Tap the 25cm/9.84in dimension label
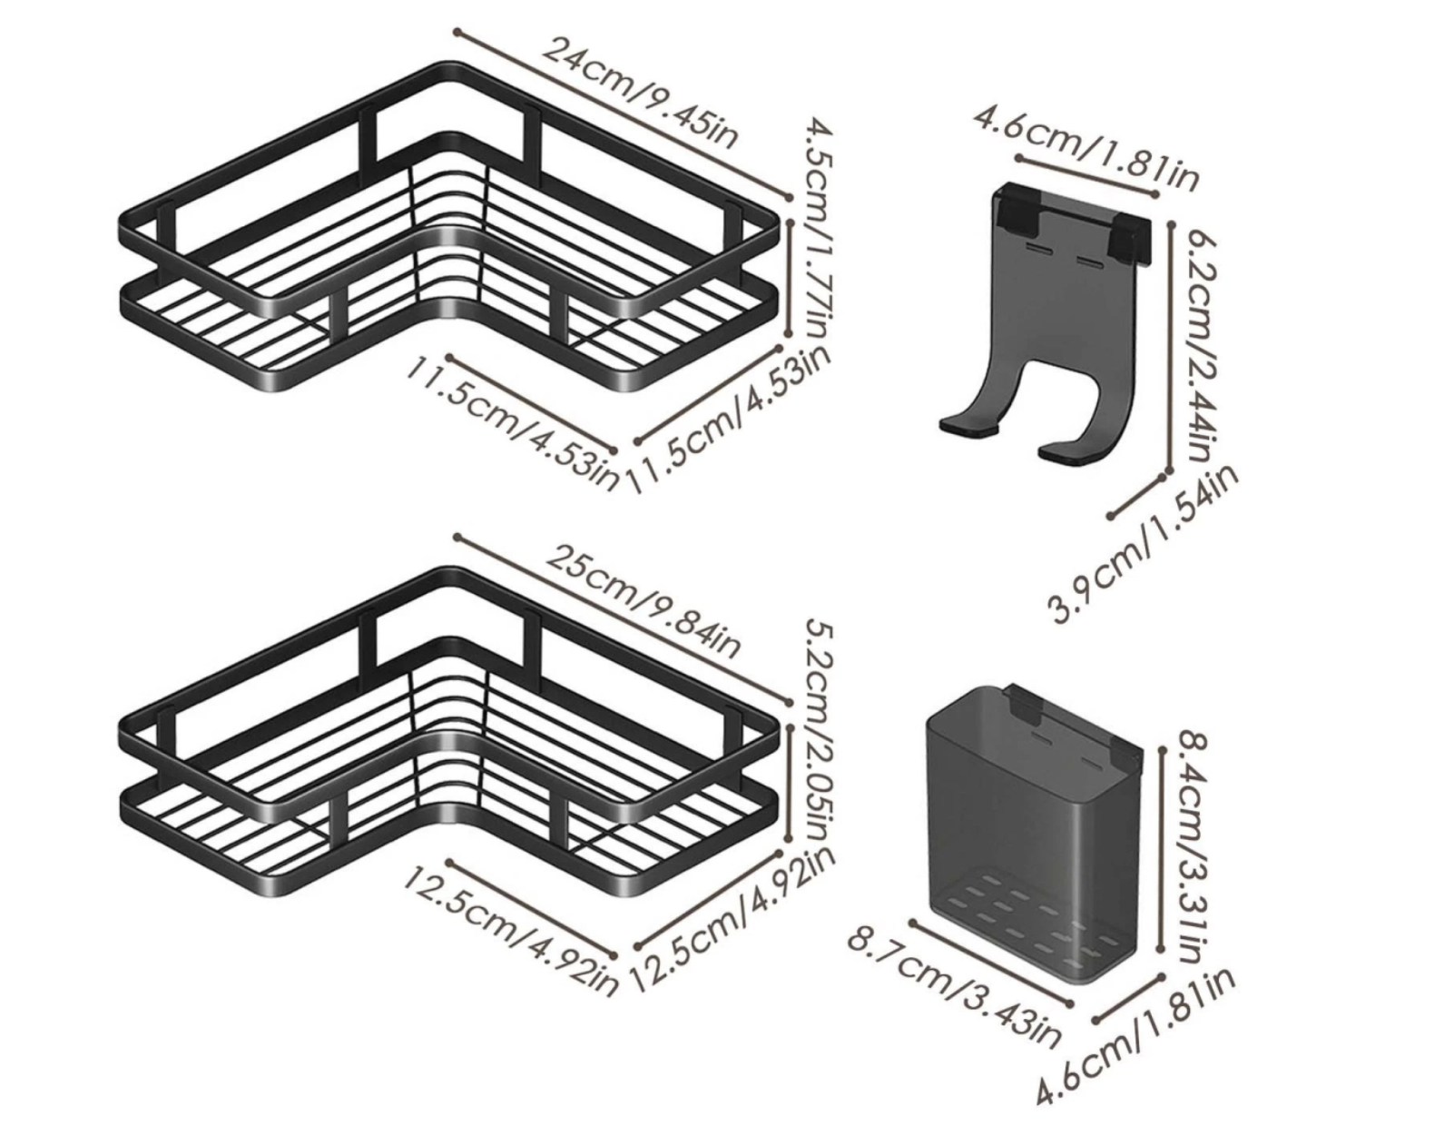coord(643,599)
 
